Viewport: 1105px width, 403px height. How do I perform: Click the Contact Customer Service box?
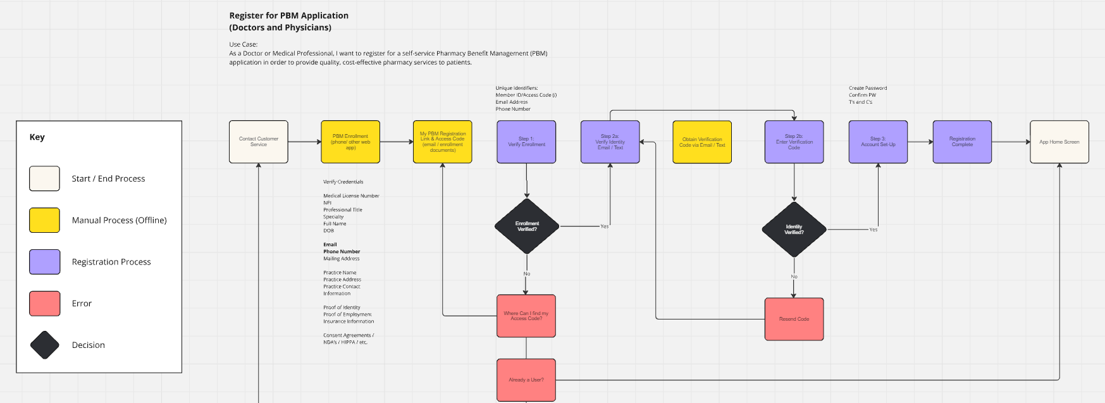click(258, 142)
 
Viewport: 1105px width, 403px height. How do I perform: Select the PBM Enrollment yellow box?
click(350, 142)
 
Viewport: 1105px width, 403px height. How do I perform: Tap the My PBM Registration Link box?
click(442, 142)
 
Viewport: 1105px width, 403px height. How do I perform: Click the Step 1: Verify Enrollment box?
click(526, 142)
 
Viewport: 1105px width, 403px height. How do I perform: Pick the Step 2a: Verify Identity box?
click(610, 142)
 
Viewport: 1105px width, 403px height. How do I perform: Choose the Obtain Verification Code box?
click(702, 142)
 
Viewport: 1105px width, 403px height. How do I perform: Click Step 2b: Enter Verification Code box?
click(794, 142)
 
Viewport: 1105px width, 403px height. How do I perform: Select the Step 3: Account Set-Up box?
click(878, 142)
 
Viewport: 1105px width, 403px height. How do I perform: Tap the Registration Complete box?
click(962, 142)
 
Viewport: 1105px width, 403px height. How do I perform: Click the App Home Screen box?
click(1059, 142)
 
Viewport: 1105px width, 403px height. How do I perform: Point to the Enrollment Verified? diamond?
click(527, 226)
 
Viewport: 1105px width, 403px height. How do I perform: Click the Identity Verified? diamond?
click(794, 229)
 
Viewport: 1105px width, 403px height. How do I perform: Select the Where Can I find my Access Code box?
click(526, 316)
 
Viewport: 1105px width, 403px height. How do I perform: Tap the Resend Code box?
click(794, 319)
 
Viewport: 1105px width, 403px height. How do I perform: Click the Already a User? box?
click(526, 380)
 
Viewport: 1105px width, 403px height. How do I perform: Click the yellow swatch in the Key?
click(44, 220)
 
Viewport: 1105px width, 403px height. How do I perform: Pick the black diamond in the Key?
click(44, 345)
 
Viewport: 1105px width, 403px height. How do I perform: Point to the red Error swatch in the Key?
click(44, 304)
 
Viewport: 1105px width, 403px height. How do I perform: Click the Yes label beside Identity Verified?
click(873, 230)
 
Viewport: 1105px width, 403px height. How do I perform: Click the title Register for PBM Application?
click(288, 16)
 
